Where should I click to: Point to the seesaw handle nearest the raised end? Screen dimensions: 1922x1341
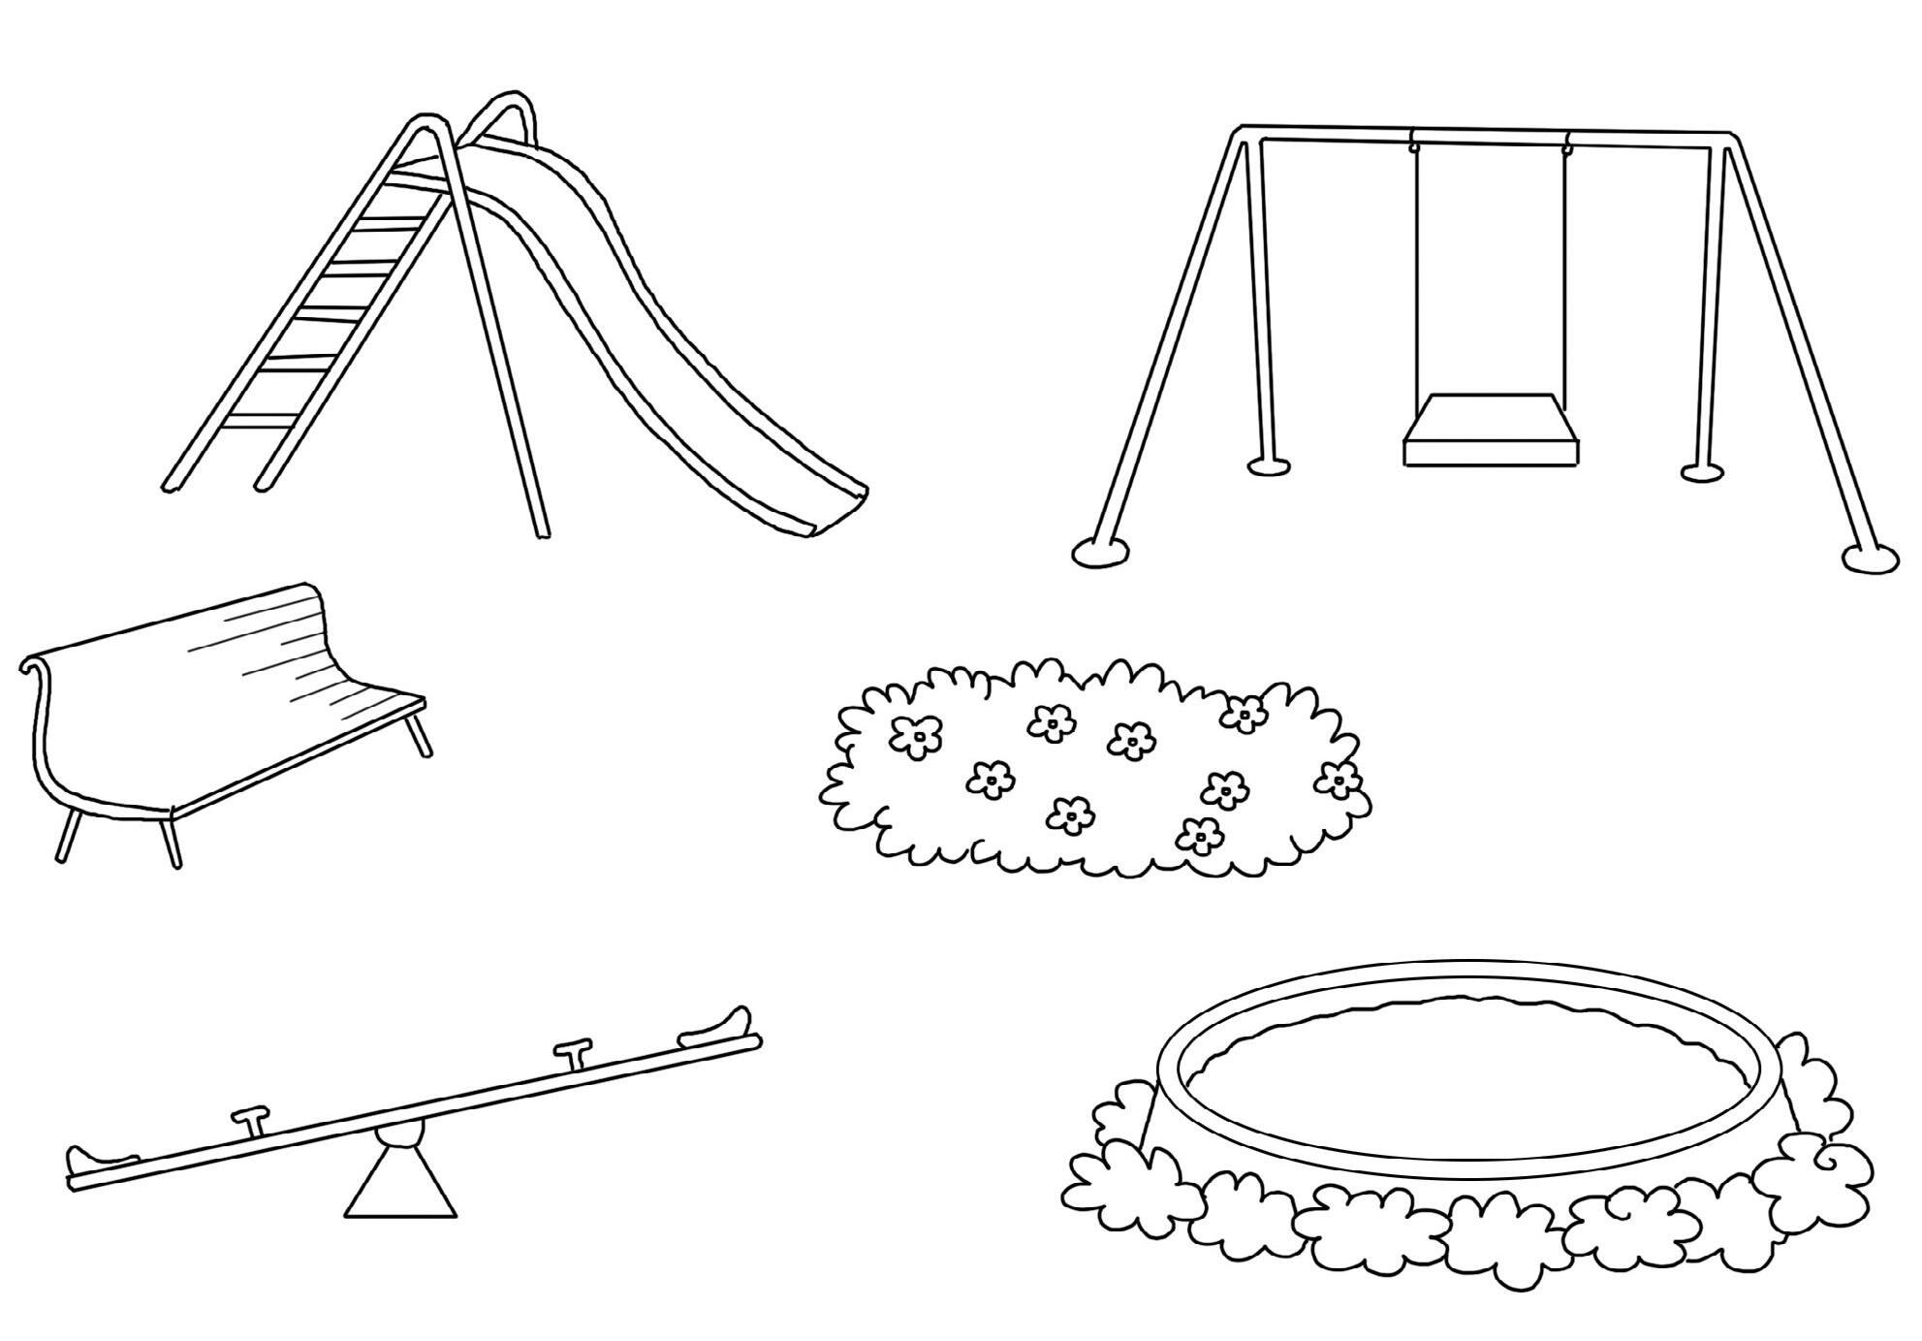574,1053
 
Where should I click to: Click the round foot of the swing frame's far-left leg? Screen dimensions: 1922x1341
1100,552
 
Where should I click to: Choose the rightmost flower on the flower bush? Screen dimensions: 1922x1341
1339,779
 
